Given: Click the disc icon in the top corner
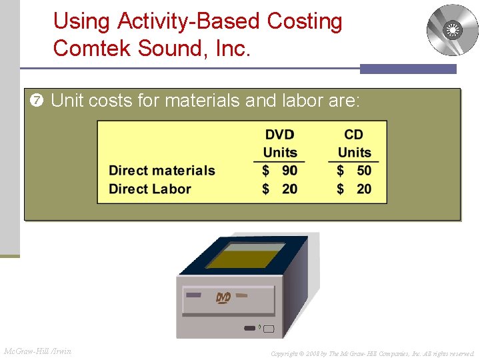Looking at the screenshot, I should click(x=452, y=30).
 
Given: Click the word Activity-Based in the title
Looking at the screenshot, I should click(x=190, y=21).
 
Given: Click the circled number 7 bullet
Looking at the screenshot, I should click(x=37, y=101).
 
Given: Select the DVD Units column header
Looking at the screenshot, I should click(x=279, y=144).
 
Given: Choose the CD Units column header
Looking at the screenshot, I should click(x=354, y=144).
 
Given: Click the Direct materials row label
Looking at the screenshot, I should click(x=162, y=171).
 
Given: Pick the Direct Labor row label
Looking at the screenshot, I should click(x=150, y=189).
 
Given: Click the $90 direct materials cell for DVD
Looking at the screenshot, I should click(x=280, y=171).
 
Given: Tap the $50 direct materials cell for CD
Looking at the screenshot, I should click(x=354, y=171).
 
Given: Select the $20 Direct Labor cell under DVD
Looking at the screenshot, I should click(x=280, y=189).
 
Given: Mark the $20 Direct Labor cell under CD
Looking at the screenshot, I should click(x=354, y=189).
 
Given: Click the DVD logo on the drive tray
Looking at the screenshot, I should click(x=223, y=297).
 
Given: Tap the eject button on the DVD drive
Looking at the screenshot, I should click(x=268, y=328).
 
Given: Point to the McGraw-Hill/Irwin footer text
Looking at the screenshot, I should click(x=38, y=351).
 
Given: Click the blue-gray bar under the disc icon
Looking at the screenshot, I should click(x=408, y=69).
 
